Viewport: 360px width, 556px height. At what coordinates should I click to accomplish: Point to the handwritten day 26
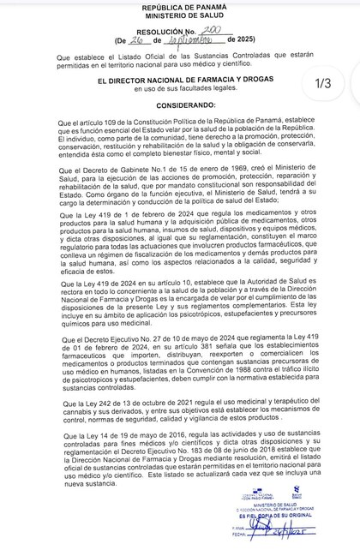point(129,40)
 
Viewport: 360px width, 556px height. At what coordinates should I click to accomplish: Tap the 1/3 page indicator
point(328,83)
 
